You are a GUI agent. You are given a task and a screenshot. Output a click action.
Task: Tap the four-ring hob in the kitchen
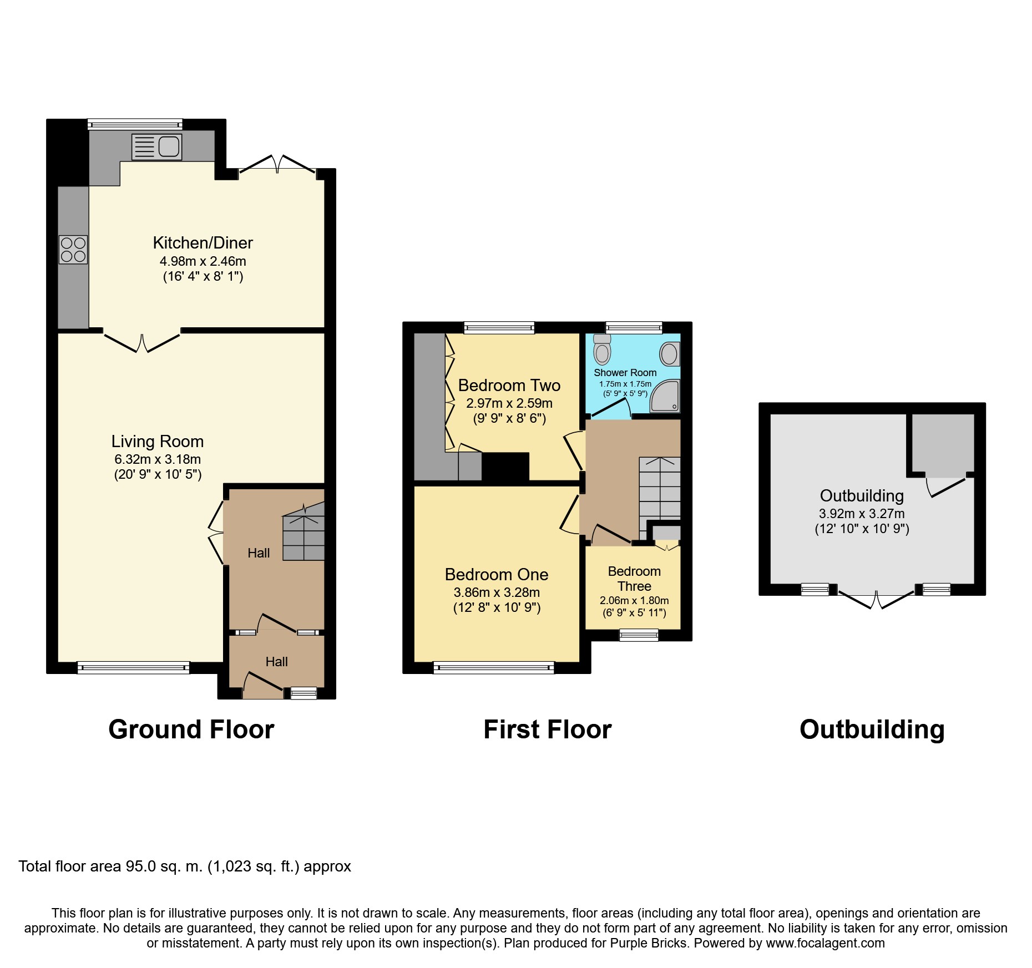[x=73, y=250]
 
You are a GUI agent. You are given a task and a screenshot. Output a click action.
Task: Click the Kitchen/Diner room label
[x=203, y=243]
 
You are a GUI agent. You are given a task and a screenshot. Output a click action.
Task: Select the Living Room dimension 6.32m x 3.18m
[x=158, y=459]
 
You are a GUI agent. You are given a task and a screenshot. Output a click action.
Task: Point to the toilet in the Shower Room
[x=602, y=349]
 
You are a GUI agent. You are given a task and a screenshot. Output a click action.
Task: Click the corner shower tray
[x=665, y=396]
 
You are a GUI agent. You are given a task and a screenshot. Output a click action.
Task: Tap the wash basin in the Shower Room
[x=670, y=354]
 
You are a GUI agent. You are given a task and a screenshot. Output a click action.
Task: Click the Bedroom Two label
[x=509, y=385]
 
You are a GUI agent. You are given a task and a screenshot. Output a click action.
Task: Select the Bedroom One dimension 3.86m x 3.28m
[x=497, y=592]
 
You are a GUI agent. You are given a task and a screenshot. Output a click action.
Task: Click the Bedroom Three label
[x=634, y=579]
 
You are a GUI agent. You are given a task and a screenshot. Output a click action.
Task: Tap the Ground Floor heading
[x=191, y=729]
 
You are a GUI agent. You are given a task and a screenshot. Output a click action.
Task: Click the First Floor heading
[x=548, y=729]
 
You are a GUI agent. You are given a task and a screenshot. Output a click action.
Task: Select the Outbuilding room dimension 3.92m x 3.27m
[x=862, y=514]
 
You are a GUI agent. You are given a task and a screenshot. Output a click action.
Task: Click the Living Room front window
[x=133, y=667]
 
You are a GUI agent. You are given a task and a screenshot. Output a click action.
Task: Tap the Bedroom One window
[x=494, y=667]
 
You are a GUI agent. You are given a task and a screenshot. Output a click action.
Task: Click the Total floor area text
[x=185, y=866]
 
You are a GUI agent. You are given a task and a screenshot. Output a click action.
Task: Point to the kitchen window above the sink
[x=135, y=124]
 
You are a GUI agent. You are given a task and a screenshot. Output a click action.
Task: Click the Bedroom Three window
[x=639, y=635]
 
